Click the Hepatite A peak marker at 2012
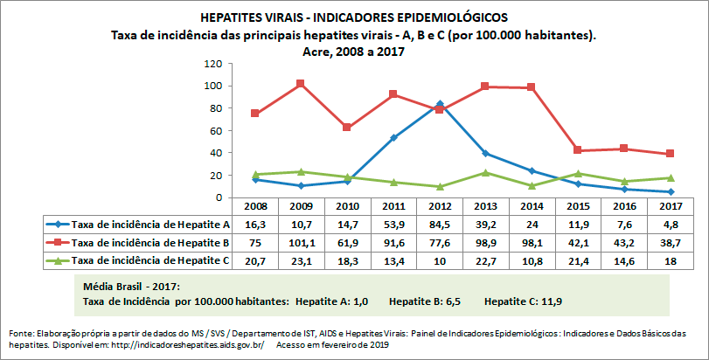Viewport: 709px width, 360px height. [440, 103]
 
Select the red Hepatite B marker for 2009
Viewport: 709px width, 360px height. [301, 84]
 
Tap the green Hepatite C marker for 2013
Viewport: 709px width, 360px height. [486, 172]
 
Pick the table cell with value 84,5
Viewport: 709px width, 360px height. [440, 225]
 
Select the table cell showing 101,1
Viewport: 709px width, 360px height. [301, 242]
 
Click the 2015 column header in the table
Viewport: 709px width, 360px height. [579, 207]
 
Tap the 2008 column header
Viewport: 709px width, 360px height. [254, 207]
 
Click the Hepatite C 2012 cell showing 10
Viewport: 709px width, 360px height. [440, 260]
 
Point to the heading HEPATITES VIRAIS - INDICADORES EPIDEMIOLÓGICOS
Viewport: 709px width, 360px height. [353, 17]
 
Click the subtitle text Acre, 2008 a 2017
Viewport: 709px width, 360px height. [353, 52]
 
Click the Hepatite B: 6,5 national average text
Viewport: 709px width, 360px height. [425, 301]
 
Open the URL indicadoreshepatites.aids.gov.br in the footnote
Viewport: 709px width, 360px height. [189, 345]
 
